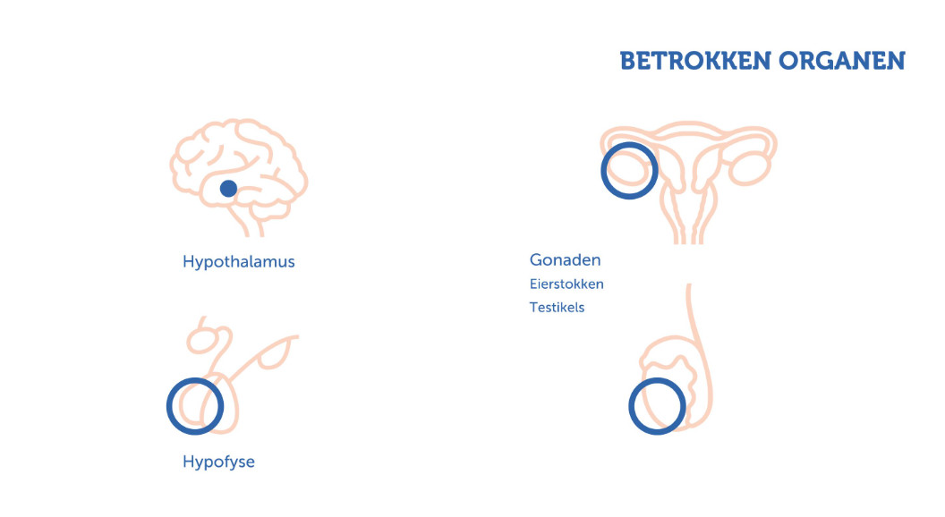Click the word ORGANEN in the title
(841, 61)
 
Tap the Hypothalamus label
(239, 262)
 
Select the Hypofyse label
(218, 462)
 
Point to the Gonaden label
(565, 259)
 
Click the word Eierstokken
(566, 284)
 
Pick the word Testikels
(557, 308)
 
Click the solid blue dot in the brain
(228, 189)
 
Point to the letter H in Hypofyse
(188, 462)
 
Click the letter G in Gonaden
(536, 259)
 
